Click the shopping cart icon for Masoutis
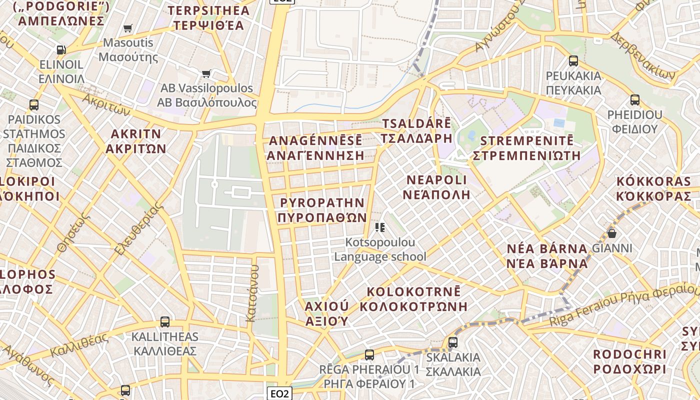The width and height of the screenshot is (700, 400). [x=128, y=28]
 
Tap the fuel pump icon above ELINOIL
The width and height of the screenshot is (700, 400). [x=61, y=50]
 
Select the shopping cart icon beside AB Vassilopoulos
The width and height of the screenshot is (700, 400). [x=206, y=74]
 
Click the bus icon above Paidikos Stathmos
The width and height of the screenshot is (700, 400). [x=34, y=105]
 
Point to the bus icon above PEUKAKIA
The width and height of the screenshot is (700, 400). [x=573, y=61]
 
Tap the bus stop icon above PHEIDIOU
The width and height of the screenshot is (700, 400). [x=634, y=100]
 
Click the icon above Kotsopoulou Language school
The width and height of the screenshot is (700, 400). [x=380, y=228]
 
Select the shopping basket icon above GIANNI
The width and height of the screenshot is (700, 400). [x=611, y=233]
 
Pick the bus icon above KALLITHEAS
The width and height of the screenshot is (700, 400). [x=165, y=322]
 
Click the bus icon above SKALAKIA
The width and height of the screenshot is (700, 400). [x=453, y=342]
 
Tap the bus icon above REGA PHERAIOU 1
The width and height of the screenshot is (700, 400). [x=369, y=355]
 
